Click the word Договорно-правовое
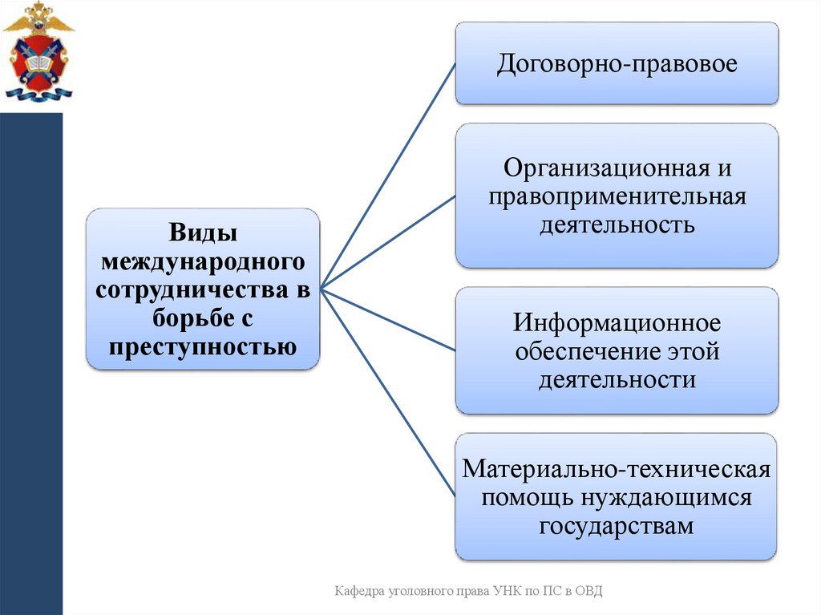point(617,64)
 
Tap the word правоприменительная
point(617,196)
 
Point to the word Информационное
point(617,324)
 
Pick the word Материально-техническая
point(617,470)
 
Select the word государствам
point(616,525)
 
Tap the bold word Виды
point(202,234)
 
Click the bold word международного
point(202,261)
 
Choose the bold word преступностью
point(202,346)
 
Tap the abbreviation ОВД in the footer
point(587,591)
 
